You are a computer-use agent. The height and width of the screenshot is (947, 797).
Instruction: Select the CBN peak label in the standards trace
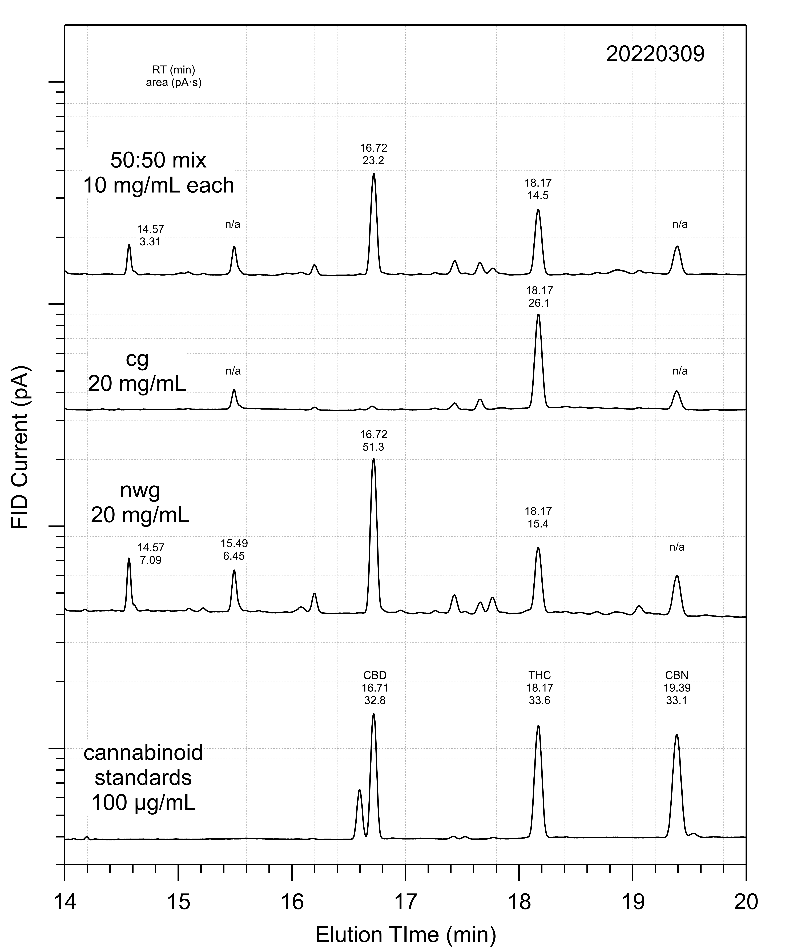676,676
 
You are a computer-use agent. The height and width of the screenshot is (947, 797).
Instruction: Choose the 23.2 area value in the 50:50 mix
373,160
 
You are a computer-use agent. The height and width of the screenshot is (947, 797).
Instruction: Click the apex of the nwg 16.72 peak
373,459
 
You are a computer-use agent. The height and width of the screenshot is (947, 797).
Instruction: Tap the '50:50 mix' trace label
158,160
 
